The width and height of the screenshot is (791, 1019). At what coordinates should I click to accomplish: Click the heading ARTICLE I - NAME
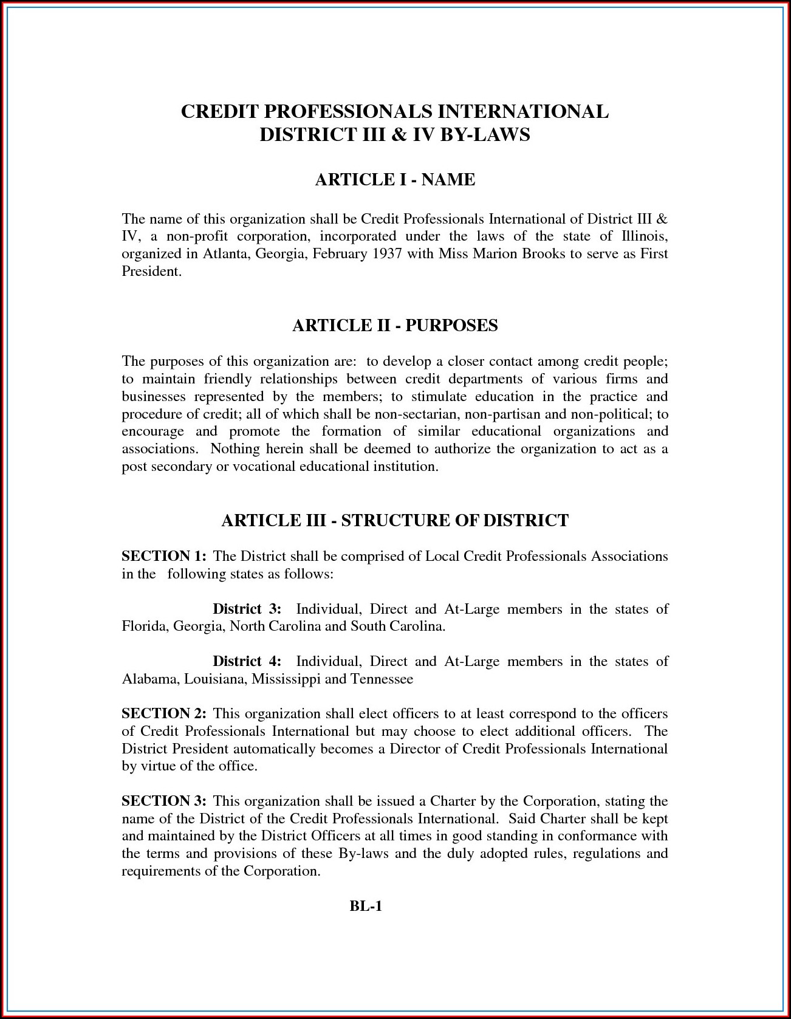[x=395, y=180]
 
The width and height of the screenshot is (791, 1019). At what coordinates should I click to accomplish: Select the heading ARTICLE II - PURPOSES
[x=395, y=326]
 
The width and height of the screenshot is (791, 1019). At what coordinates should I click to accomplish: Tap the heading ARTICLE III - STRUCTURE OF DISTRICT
[x=395, y=521]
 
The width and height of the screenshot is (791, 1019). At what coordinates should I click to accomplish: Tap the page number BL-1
[x=365, y=907]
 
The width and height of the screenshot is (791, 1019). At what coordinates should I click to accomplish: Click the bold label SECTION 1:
[x=164, y=556]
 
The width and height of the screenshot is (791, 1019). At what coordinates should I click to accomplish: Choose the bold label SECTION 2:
[x=164, y=713]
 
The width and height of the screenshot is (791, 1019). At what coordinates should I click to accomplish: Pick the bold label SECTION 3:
[x=164, y=801]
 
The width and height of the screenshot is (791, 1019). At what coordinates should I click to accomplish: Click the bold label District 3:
[x=247, y=609]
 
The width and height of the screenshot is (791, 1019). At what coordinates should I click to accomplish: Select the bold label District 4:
[x=247, y=661]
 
